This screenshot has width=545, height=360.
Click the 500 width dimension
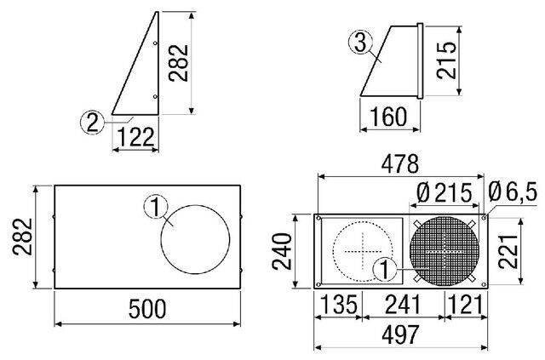pos(147,309)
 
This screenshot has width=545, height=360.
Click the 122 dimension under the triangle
pos(136,136)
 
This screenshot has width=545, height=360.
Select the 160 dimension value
pos(388,117)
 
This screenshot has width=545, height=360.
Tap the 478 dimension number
pos(400,164)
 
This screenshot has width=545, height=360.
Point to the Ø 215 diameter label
pos(444,193)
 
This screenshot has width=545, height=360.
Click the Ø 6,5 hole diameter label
pos(513,192)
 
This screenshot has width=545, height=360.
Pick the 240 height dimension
pos(282,252)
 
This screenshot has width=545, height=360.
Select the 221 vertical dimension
pos(508,251)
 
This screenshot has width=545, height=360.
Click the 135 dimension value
pos(338,305)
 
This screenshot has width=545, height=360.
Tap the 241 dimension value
pos(403,305)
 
